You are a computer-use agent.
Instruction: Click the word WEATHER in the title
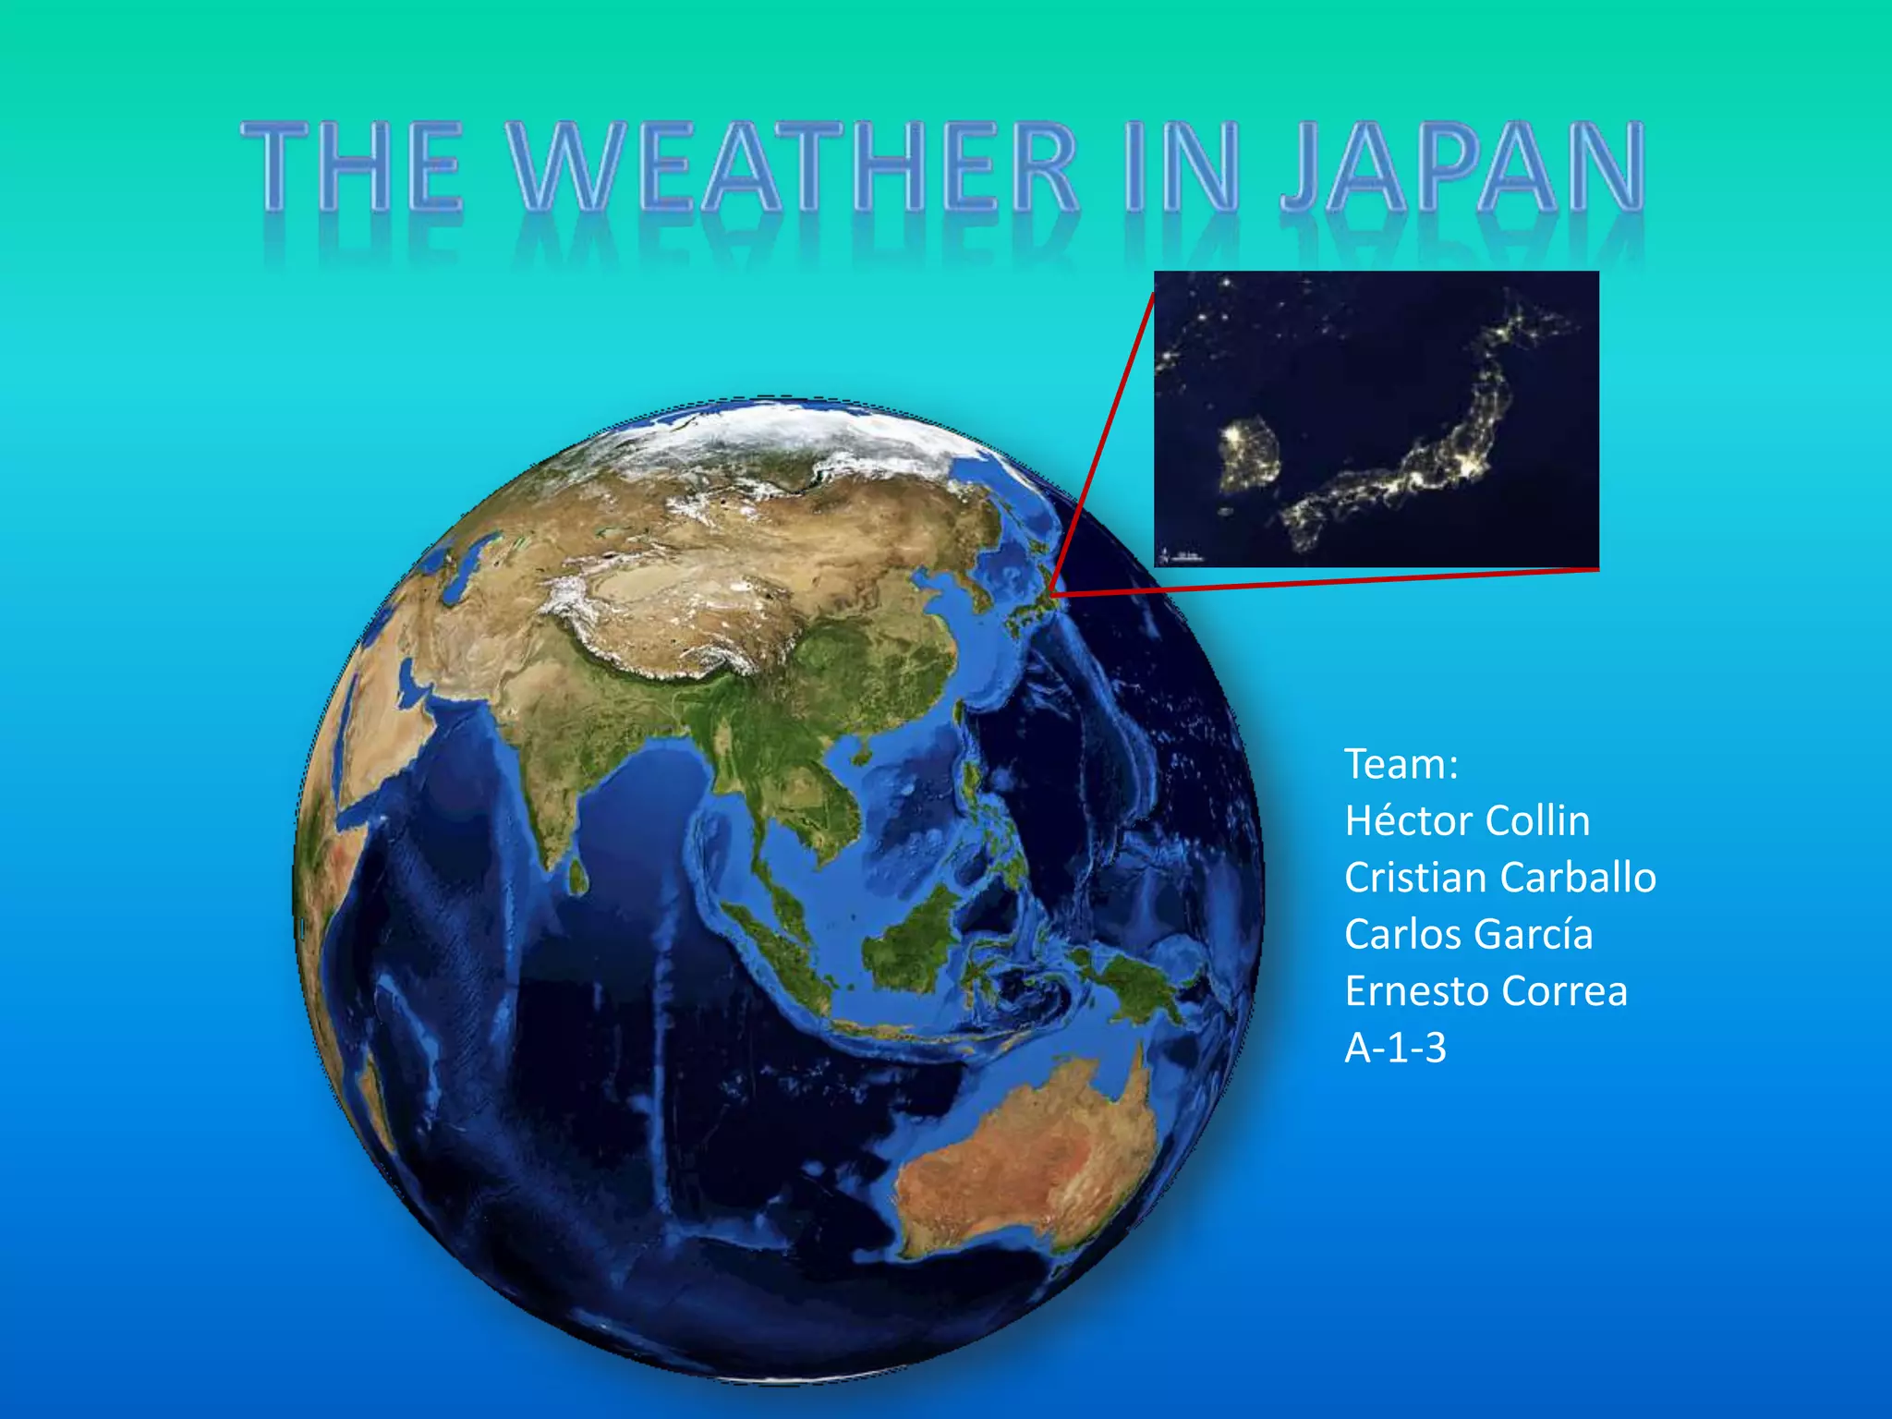794,166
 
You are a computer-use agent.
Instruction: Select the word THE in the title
351,166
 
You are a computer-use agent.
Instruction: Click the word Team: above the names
1401,765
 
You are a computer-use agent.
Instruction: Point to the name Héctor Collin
1467,821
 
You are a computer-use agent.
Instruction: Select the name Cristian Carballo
1499,878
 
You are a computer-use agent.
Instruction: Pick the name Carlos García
1468,934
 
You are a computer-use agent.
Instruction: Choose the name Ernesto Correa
1485,991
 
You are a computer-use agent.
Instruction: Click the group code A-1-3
1395,1049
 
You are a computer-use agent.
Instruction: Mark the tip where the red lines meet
1050,593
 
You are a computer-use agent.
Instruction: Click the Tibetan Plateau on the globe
665,610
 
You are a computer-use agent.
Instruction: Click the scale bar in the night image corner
1181,556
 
